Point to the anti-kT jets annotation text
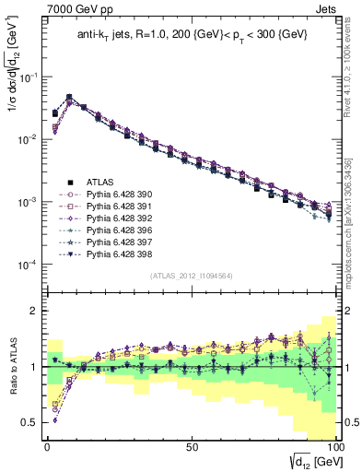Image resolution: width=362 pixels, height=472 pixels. (187, 35)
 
